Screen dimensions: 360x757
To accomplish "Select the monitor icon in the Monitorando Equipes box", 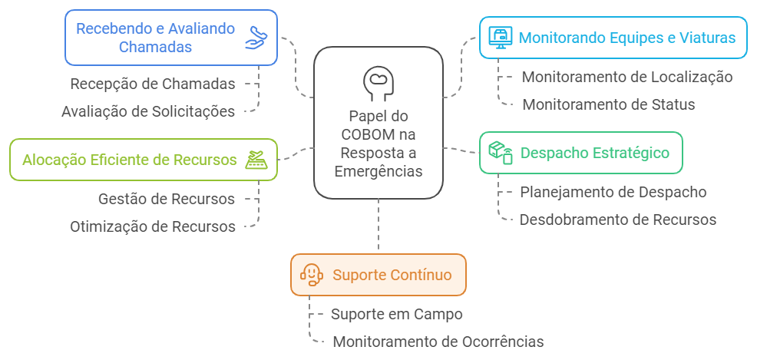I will tap(501, 37).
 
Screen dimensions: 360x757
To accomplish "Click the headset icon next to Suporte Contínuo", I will tap(311, 275).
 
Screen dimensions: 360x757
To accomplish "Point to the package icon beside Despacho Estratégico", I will tap(501, 152).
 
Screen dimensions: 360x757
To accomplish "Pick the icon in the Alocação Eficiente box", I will tap(256, 160).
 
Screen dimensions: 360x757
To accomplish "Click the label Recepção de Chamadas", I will tap(153, 84).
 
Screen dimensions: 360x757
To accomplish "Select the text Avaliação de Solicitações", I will tap(148, 111).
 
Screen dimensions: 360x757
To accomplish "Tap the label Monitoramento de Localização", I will tap(626, 77).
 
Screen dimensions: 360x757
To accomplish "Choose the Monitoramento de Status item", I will tap(608, 104).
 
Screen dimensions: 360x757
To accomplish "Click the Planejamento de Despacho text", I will tap(613, 192).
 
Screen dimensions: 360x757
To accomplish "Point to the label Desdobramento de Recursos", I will tap(617, 220).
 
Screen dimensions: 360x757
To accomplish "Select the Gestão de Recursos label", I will tap(167, 199).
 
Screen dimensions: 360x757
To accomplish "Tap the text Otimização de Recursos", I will tap(153, 226).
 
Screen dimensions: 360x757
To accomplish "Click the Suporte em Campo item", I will tap(396, 314).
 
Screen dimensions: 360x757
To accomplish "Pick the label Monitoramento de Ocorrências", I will tap(438, 342).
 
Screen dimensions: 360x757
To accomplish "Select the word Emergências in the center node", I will tap(378, 171).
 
